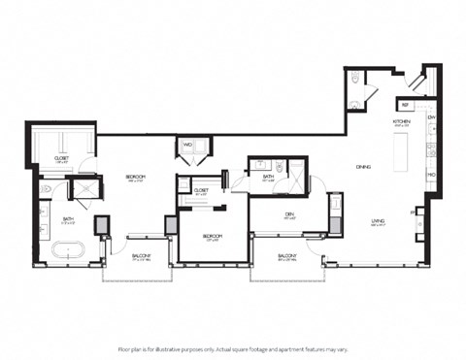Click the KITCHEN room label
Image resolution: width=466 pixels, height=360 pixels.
pyautogui.click(x=401, y=121)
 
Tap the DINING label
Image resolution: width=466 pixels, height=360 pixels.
pyautogui.click(x=364, y=166)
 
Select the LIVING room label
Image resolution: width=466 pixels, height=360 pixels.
pyautogui.click(x=378, y=221)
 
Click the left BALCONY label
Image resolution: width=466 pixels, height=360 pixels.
pyautogui.click(x=140, y=256)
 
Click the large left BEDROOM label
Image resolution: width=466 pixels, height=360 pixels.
pyautogui.click(x=135, y=176)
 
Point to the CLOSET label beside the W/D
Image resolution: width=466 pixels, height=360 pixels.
pyautogui.click(x=202, y=190)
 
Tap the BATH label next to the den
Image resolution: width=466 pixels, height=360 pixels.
pyautogui.click(x=269, y=177)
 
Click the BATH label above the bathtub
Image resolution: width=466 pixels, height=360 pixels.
pyautogui.click(x=69, y=219)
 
